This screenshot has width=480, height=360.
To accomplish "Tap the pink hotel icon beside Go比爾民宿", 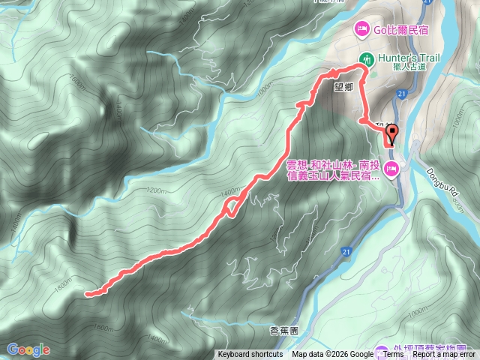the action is [x=361, y=29].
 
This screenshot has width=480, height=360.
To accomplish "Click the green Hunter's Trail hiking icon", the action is [x=367, y=58].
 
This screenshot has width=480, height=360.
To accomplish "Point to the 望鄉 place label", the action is [x=343, y=86].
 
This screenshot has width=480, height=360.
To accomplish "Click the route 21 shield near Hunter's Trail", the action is [x=402, y=93].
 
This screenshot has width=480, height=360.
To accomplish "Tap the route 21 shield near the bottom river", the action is [x=346, y=250].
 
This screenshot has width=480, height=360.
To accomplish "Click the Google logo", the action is [x=28, y=349].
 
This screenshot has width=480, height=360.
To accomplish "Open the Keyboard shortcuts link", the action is [x=250, y=355].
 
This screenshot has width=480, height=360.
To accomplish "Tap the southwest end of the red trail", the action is [x=88, y=294].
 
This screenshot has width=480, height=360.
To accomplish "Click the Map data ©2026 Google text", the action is [x=333, y=355].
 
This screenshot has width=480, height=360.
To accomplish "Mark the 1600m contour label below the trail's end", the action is [x=104, y=327].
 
